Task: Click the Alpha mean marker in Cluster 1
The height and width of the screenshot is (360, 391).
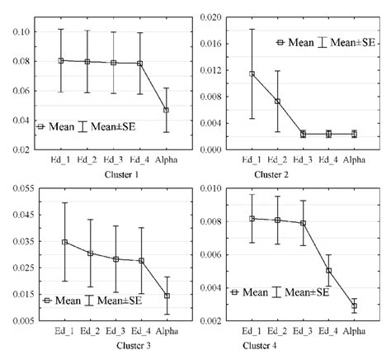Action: click(x=167, y=110)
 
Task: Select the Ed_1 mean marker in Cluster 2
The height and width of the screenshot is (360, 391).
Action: click(x=252, y=73)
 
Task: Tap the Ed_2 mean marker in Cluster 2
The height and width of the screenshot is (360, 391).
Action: click(x=277, y=102)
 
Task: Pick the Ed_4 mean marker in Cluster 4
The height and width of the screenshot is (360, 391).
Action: click(x=328, y=270)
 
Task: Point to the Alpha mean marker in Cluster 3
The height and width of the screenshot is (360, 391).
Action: click(x=167, y=296)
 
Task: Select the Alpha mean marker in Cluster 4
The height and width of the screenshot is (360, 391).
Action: click(x=354, y=306)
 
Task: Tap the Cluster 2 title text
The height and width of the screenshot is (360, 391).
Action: click(x=303, y=175)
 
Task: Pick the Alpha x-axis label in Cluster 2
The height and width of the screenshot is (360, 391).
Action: click(x=354, y=161)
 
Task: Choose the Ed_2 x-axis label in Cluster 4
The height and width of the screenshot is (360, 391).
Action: click(x=277, y=330)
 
